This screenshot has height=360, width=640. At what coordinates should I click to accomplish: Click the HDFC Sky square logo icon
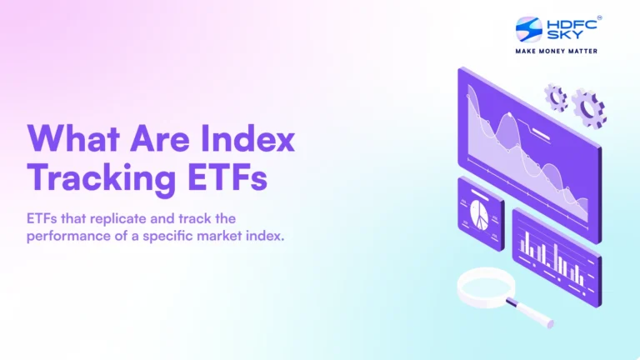528,29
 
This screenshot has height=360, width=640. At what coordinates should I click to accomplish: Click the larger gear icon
588,107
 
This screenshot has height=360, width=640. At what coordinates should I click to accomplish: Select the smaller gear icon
556,97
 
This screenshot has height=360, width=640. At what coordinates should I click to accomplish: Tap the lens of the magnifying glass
488,287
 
